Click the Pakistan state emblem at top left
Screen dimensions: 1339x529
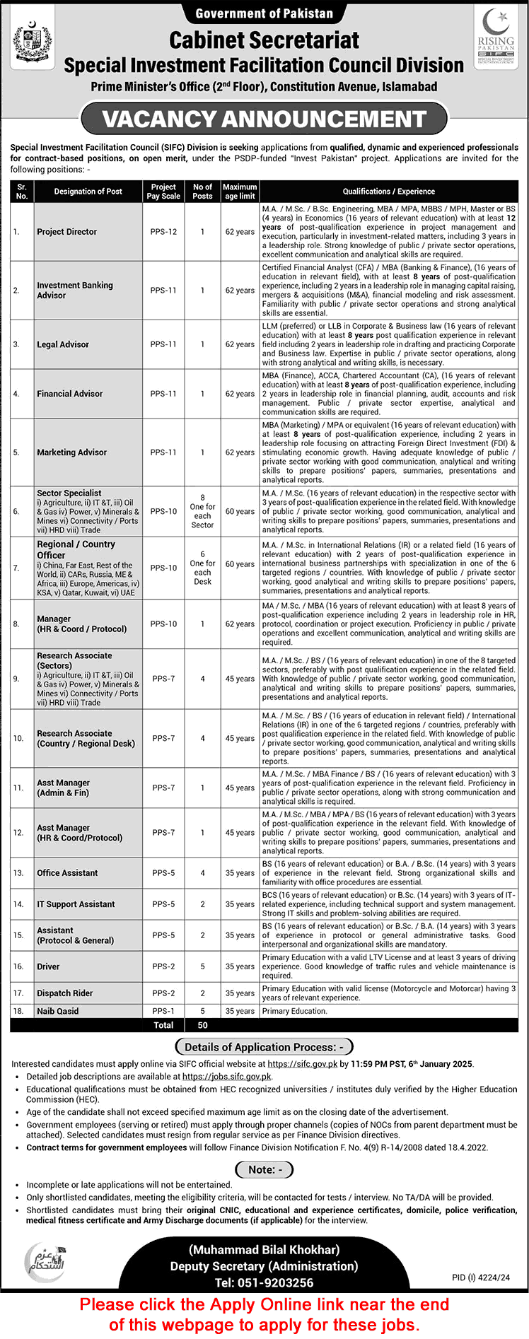tap(33, 42)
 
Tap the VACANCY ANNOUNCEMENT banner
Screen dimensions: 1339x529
tap(264, 119)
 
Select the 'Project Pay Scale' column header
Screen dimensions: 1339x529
tap(163, 192)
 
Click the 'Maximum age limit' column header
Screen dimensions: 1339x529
tap(240, 192)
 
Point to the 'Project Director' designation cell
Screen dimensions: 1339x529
tap(67, 232)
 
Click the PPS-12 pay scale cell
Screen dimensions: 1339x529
tap(163, 232)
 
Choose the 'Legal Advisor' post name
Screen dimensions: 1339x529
tap(63, 344)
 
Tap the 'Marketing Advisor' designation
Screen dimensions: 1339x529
tap(72, 452)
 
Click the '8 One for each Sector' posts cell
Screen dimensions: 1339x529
tap(202, 511)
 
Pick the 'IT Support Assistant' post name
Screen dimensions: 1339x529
tap(76, 904)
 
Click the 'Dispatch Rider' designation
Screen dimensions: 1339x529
tap(65, 993)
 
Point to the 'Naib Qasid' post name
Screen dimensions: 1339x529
tap(58, 1011)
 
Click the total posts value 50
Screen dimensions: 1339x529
tap(202, 1024)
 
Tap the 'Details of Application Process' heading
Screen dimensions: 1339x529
tap(264, 1047)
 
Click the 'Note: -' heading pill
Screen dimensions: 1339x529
tap(264, 1169)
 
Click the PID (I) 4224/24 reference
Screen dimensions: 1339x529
tap(480, 1277)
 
